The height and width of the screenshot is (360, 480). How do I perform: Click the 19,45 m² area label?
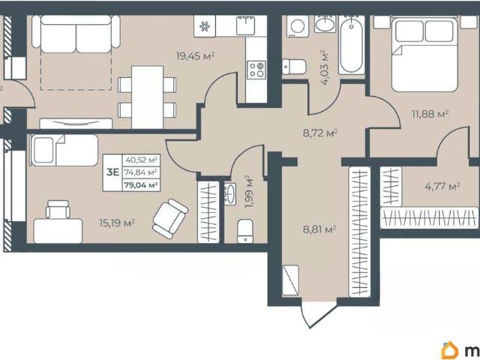tap(195, 56)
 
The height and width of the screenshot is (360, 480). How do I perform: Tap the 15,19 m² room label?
tap(117, 223)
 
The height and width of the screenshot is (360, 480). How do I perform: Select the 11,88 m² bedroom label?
tap(430, 114)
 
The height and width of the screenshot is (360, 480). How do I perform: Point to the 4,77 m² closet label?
tap(442, 186)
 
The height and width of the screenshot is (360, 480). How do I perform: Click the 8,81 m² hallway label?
tap(319, 229)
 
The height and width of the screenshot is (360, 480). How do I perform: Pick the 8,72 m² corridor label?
tap(320, 133)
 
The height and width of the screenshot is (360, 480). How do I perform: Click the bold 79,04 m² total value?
tap(141, 185)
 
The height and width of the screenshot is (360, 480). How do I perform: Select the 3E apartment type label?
tap(112, 172)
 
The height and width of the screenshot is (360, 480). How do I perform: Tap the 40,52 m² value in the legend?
tap(141, 160)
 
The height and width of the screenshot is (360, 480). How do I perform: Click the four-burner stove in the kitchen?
tap(256, 70)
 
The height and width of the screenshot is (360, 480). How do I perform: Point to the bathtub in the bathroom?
tap(352, 45)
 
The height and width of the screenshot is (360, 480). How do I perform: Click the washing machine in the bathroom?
tap(298, 26)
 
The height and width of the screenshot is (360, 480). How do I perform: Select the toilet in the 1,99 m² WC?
tap(245, 231)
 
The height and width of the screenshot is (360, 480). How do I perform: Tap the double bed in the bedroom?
tap(424, 55)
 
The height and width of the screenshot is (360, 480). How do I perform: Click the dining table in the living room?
tap(147, 97)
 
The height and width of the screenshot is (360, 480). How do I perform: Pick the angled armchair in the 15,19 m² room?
tap(170, 218)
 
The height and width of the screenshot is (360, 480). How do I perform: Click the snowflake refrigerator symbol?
tap(205, 26)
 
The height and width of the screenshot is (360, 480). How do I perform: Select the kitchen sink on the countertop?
tap(245, 25)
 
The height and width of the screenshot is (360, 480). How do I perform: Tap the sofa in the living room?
tap(76, 34)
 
